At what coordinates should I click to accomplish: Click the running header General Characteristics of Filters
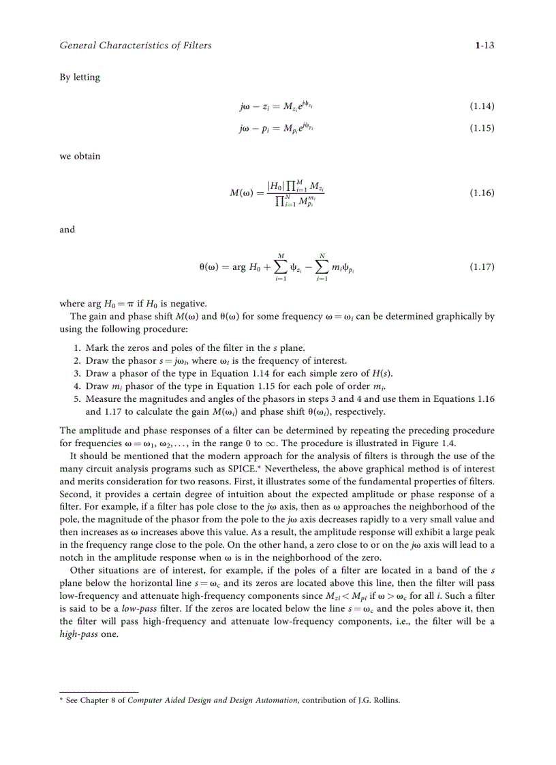point(136,46)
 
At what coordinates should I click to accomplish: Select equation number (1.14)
point(482,106)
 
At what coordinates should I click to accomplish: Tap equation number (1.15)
point(482,128)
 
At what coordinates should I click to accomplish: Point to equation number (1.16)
point(482,193)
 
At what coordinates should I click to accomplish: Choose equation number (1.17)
point(482,267)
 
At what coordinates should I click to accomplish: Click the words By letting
point(80,77)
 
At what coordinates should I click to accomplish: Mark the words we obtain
point(80,156)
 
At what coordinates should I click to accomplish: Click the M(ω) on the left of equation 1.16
point(243,193)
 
